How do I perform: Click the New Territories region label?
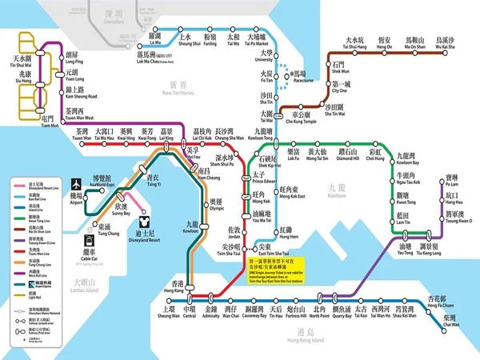182,88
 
